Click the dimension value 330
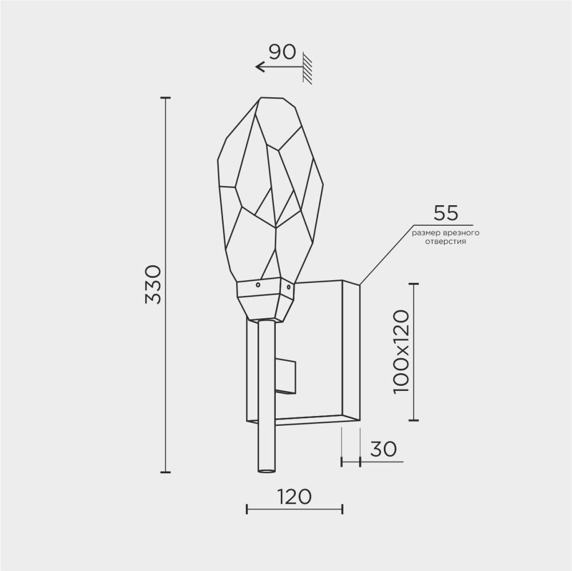pos(154,285)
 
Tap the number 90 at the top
pos(282,52)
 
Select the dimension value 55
pos(446,213)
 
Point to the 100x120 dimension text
pos(403,351)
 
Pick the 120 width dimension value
pos(295,496)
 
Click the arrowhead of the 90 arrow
pos(259,67)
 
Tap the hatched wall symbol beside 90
pos(308,69)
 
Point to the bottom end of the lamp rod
pos(266,471)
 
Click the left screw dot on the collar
pos(257,284)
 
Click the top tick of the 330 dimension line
pos(165,98)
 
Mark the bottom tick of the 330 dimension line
pos(165,472)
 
